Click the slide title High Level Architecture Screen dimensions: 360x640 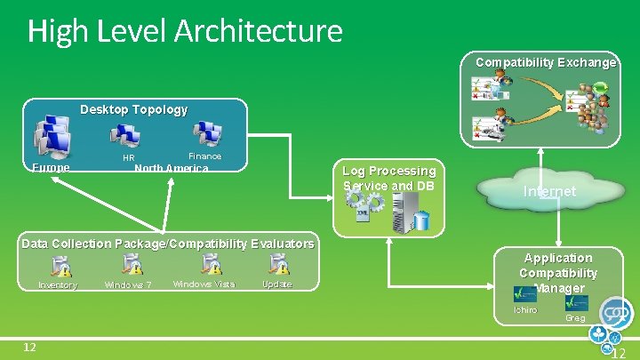click(184, 31)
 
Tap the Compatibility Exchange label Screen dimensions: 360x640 click(545, 62)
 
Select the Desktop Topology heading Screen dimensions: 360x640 click(133, 109)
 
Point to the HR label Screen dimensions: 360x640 click(128, 158)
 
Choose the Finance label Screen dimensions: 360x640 click(204, 156)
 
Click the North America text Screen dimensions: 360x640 click(171, 169)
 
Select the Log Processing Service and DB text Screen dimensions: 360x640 click(388, 178)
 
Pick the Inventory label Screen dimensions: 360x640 click(58, 285)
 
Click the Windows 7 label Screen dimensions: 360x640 click(128, 285)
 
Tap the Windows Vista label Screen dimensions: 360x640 click(204, 284)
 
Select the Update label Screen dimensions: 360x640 click(276, 285)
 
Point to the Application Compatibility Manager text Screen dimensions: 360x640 click(557, 272)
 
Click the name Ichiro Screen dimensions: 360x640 click(524, 310)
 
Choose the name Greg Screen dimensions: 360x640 click(575, 317)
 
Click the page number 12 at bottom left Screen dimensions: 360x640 click(29, 346)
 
